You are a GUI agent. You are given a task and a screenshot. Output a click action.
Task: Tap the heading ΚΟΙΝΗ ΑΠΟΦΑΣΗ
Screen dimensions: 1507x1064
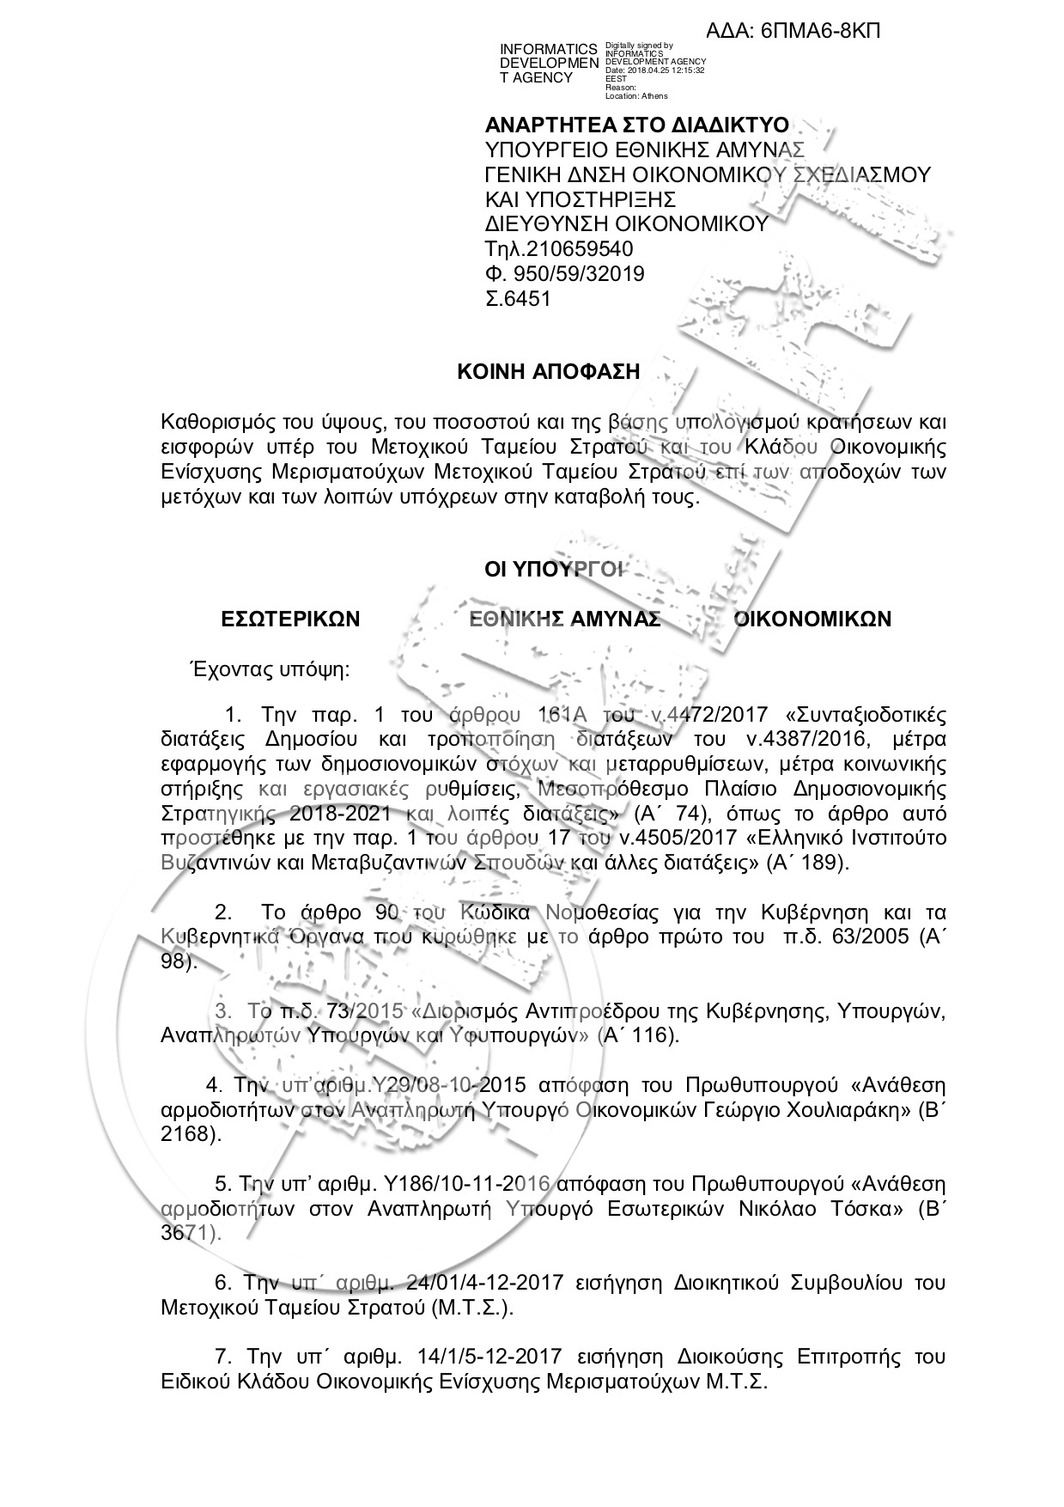pos(548,372)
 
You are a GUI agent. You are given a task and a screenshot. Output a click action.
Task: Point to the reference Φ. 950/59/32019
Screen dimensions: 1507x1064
pos(565,274)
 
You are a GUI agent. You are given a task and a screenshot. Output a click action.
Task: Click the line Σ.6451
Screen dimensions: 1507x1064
pos(518,299)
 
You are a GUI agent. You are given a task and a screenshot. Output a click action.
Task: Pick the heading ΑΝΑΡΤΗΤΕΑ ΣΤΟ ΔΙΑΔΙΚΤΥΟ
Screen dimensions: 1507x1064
pos(637,125)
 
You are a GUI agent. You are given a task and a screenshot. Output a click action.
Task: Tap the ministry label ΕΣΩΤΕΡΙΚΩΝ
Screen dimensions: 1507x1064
pos(290,619)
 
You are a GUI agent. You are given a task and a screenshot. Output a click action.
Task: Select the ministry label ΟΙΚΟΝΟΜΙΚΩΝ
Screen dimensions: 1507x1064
pos(812,619)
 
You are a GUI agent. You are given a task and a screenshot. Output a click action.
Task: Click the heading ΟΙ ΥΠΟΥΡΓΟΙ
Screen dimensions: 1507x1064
pos(556,569)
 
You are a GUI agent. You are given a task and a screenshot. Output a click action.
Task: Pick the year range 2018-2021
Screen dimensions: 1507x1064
pos(339,813)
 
